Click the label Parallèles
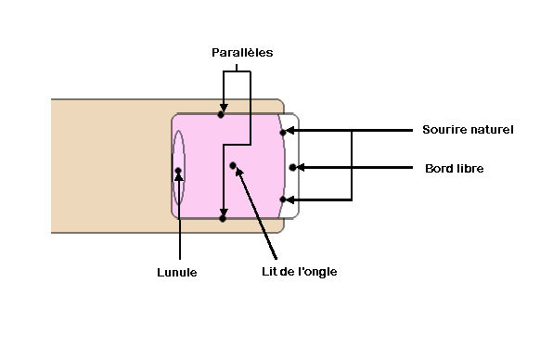242,53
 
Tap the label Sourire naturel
468,130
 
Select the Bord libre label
455,169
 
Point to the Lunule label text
177,273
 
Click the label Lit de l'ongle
300,272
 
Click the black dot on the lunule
178,170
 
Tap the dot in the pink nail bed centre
233,166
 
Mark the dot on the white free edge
292,167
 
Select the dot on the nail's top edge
221,115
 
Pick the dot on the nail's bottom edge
223,218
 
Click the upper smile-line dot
283,133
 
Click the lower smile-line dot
283,199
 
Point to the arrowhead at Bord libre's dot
300,167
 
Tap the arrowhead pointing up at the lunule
179,176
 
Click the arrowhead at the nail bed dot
239,173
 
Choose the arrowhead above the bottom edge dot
224,212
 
